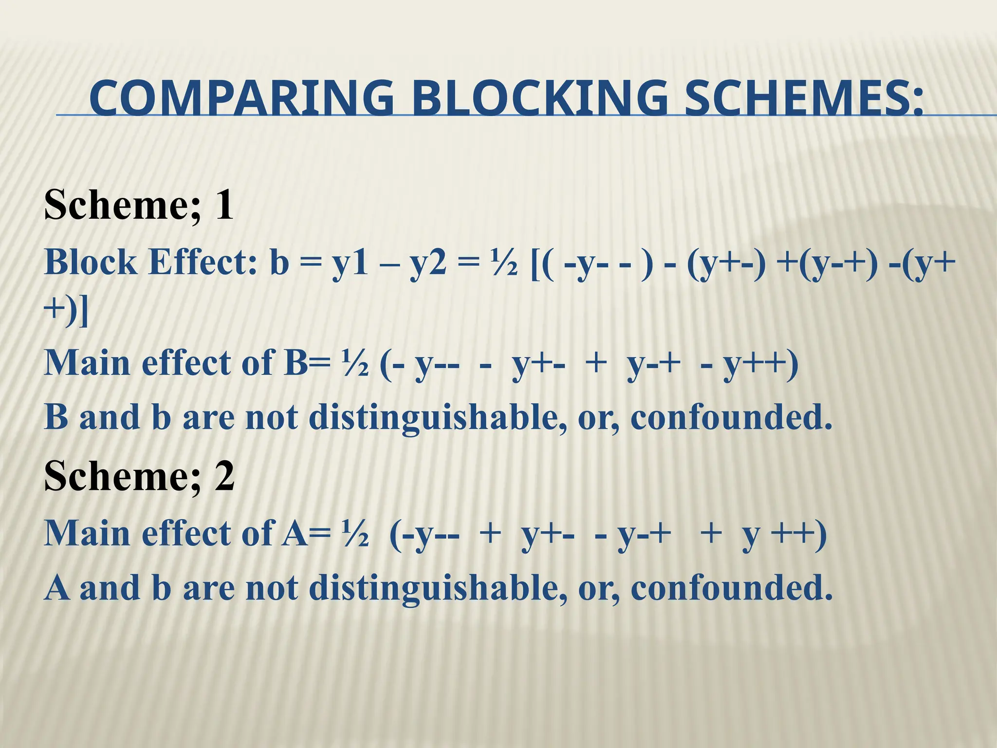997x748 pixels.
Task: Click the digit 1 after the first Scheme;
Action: click(224, 206)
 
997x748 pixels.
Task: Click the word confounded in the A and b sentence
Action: click(731, 587)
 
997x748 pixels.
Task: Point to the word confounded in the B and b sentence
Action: click(731, 418)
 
